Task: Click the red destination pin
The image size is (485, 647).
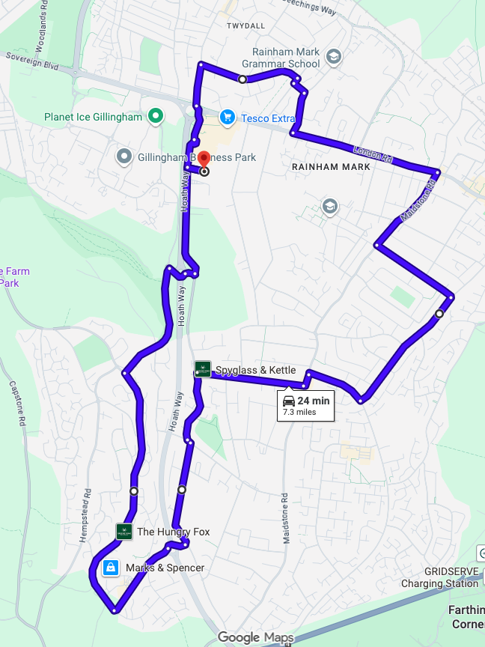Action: (203, 161)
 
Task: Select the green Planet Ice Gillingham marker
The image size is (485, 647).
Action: (156, 116)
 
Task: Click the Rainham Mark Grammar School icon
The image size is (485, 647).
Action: (333, 56)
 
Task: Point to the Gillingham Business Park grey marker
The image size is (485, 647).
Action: (123, 157)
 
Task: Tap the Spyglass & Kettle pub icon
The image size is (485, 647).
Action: (202, 368)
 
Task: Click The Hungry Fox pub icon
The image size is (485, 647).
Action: (124, 532)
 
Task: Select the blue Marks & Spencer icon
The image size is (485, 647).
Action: (111, 567)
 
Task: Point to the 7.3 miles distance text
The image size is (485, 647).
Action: (300, 412)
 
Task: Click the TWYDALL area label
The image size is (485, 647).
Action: (245, 25)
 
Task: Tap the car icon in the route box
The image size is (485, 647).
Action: (288, 400)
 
